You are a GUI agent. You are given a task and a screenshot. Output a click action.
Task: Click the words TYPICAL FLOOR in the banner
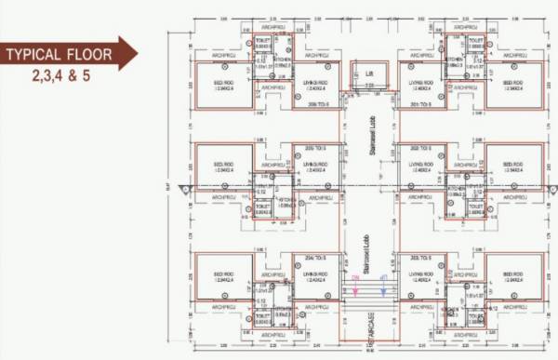point(59,55)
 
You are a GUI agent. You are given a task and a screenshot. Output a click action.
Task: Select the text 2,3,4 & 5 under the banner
point(59,73)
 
